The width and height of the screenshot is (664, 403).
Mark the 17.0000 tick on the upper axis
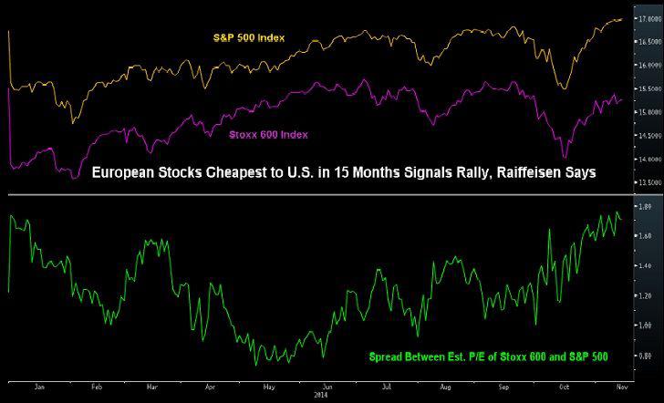[648, 18]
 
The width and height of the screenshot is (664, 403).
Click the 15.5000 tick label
[648, 88]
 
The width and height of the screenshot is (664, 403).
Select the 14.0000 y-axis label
[648, 159]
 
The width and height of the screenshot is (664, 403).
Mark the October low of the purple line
[565, 157]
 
